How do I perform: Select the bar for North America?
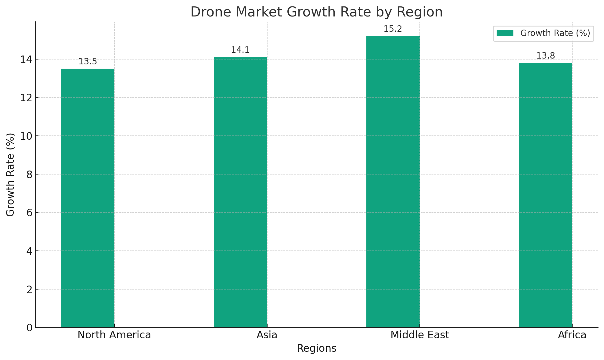tap(88, 198)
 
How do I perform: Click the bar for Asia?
tap(240, 192)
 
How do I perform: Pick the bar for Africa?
tap(545, 195)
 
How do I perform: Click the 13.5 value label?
tap(88, 62)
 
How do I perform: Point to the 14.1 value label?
tap(240, 50)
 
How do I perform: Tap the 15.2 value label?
tap(393, 29)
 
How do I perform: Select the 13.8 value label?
tap(545, 56)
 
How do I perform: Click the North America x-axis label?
tap(114, 335)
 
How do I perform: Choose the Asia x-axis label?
tap(267, 335)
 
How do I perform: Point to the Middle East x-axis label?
tap(420, 335)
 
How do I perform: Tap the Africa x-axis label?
tap(572, 335)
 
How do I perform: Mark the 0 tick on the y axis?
tap(29, 328)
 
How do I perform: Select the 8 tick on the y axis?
tap(29, 175)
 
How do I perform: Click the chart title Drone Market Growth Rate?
tap(316, 12)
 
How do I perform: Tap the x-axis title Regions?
tap(316, 348)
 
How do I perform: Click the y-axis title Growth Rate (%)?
tap(10, 175)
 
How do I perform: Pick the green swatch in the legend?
tap(505, 33)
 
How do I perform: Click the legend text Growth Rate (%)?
tap(555, 33)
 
